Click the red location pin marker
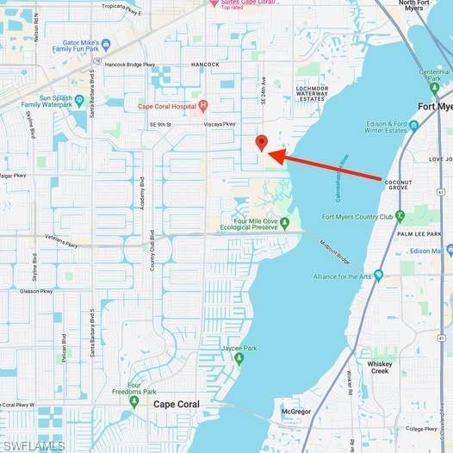point(262,143)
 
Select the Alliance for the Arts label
point(348,276)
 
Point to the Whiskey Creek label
point(379,367)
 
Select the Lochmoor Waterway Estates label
point(312,94)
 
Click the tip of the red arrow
point(271,154)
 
